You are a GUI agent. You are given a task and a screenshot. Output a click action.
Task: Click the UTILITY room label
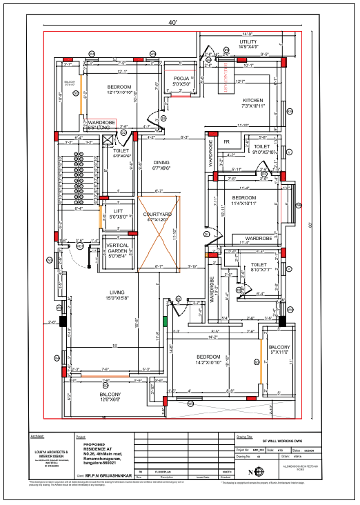click(x=248, y=42)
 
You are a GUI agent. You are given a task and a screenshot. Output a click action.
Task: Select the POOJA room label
click(x=182, y=79)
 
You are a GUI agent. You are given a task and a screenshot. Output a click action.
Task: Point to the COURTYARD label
click(x=157, y=215)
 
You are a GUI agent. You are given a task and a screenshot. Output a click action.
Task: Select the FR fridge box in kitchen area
click(x=226, y=142)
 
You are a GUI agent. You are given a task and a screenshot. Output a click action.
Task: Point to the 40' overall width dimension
click(x=172, y=23)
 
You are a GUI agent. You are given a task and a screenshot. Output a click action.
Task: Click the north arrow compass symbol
click(x=259, y=472)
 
